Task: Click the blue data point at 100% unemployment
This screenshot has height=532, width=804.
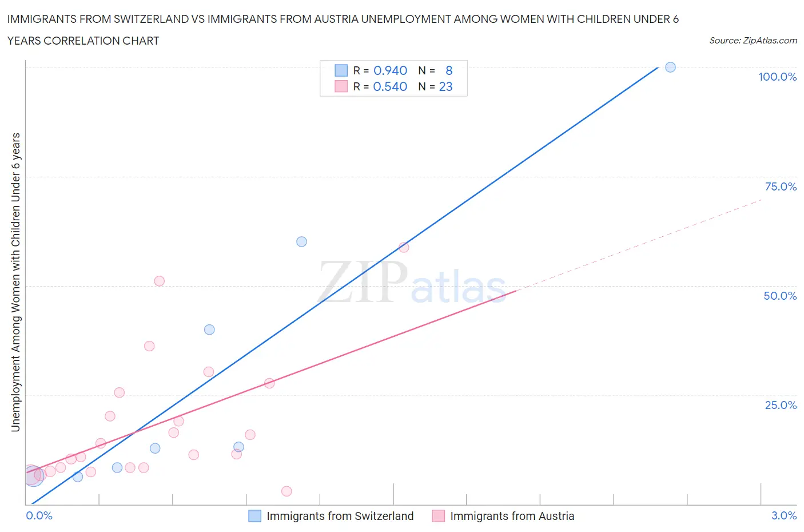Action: [670, 68]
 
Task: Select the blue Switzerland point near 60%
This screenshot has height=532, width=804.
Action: [301, 242]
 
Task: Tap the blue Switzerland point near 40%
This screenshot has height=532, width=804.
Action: [209, 329]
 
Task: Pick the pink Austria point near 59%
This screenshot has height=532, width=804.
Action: [404, 247]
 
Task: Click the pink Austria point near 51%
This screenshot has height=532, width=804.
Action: [160, 281]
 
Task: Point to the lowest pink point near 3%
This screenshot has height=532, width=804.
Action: [286, 491]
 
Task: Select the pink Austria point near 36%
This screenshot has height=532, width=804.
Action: [149, 346]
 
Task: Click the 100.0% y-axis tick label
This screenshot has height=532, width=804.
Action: [777, 77]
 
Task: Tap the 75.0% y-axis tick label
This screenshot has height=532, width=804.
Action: [780, 186]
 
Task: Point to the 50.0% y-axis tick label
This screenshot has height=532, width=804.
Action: [780, 296]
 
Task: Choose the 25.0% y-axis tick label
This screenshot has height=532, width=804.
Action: [780, 405]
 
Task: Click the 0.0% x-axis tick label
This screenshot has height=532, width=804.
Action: [39, 515]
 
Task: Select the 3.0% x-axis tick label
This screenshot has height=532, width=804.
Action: [783, 515]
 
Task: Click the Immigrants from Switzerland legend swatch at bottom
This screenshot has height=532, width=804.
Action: [254, 516]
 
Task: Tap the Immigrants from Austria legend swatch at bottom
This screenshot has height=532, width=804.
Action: [438, 516]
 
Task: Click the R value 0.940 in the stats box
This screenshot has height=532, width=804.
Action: [390, 70]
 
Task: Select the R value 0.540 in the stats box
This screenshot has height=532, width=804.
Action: [390, 86]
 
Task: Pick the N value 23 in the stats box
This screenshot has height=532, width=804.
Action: [445, 86]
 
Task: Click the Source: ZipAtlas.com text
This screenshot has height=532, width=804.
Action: [753, 41]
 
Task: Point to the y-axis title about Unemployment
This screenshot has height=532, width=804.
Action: [15, 282]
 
